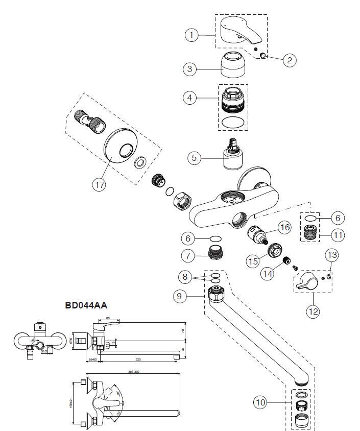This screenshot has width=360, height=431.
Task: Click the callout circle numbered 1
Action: click(191, 35)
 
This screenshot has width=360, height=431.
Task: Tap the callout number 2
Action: click(289, 60)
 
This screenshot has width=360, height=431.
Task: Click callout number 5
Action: click(194, 157)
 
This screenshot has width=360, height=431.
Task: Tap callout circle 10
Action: click(261, 402)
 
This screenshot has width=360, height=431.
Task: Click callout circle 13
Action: click(332, 254)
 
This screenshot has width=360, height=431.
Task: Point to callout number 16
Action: click(284, 227)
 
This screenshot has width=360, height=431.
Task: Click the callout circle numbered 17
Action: click(99, 184)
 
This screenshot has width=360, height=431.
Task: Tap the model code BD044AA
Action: click(86, 305)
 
